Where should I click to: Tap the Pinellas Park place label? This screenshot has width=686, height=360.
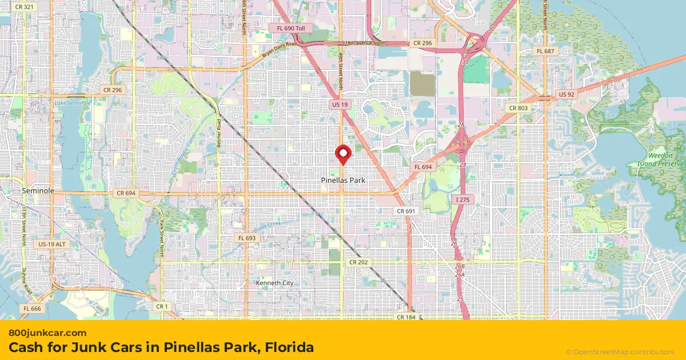[343, 180]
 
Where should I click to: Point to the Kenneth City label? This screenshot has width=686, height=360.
[274, 283]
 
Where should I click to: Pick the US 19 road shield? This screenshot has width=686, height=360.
[340, 105]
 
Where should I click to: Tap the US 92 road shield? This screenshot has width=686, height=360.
[567, 94]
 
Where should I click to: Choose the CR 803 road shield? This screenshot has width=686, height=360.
[519, 108]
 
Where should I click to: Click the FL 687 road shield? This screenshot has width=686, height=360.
[545, 51]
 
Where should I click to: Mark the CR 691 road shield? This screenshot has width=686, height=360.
[405, 211]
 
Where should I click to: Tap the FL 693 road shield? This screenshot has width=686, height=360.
[248, 238]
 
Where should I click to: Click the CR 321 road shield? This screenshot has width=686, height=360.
[25, 6]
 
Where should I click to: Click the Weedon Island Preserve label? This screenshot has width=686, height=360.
[661, 159]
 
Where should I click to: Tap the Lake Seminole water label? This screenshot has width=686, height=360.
[72, 103]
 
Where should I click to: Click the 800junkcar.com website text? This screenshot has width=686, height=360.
[47, 333]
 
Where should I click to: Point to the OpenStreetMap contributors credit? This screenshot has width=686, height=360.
[620, 352]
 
